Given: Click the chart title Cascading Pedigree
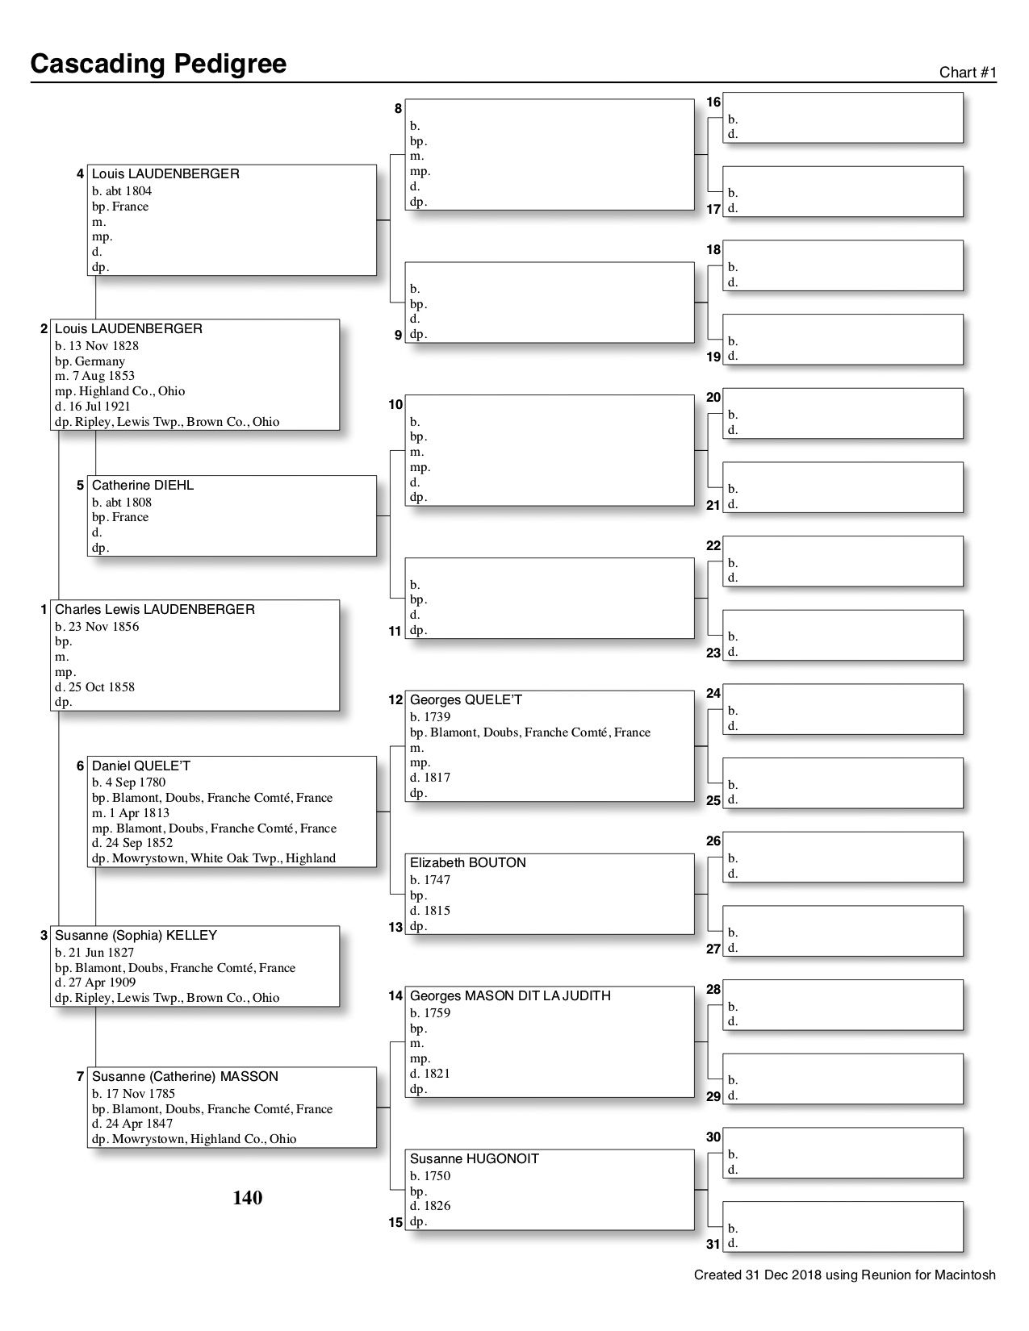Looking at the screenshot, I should (x=158, y=64).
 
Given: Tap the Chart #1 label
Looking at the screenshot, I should (x=968, y=73).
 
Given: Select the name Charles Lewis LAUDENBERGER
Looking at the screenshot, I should (x=154, y=609).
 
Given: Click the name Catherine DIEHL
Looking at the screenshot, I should (x=143, y=485).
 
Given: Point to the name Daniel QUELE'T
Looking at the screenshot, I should (x=141, y=766).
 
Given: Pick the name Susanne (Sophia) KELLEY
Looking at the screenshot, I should (x=136, y=936).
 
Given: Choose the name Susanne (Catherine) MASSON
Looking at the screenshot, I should (x=185, y=1076).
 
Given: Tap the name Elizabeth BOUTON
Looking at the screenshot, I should (x=468, y=862).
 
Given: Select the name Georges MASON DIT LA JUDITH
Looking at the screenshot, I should (x=510, y=995).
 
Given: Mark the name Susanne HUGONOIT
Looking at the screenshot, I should (x=475, y=1158).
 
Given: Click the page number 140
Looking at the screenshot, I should (x=248, y=1198).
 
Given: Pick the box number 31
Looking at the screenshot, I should (x=713, y=1244).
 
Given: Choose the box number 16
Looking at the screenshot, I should (x=713, y=102).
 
